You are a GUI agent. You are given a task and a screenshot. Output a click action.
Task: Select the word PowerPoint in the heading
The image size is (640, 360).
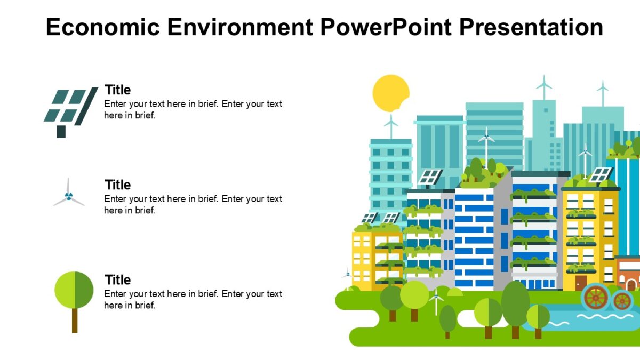pos(385,27)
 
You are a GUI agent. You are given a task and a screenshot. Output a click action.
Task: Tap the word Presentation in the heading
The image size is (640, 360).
pos(531,27)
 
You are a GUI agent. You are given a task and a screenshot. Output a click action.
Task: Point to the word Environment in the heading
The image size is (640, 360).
pos(239,27)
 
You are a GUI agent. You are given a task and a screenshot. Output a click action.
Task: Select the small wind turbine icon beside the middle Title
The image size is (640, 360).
pos(69,195)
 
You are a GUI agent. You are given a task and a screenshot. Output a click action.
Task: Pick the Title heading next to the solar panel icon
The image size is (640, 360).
pos(117,90)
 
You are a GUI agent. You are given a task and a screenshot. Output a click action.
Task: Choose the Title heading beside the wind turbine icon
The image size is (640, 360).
pos(117,185)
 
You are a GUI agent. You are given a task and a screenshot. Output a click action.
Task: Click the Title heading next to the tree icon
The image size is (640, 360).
pos(117,280)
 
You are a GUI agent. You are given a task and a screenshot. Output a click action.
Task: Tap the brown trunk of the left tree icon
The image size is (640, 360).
pos(75,321)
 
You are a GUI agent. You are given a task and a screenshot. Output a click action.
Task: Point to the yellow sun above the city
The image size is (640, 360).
pos(391,93)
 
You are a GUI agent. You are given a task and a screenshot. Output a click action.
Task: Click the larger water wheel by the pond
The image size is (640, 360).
pos(595,298)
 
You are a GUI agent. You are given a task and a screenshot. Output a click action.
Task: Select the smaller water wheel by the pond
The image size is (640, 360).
pos(622,301)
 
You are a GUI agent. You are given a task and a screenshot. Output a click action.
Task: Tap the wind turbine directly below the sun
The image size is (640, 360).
pos(391,126)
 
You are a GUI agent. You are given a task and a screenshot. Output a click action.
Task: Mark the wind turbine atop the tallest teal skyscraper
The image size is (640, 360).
pos(543,85)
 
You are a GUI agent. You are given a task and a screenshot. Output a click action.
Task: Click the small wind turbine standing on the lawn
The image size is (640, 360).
pos(436,301)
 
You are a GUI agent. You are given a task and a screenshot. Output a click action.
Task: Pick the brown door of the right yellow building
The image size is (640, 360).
pos(581,282)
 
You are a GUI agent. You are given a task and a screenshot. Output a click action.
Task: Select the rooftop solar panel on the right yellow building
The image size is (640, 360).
pos(601,174)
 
